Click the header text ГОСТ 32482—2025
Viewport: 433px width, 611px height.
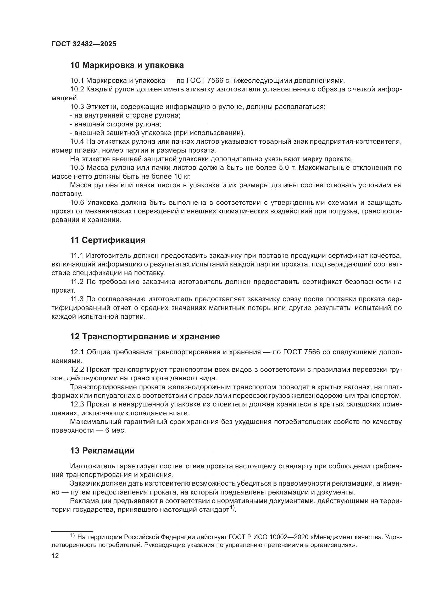click(x=84, y=44)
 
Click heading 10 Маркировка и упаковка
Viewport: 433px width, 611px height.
click(x=127, y=65)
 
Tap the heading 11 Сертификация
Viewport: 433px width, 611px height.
click(x=108, y=240)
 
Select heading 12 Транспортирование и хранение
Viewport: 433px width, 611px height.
click(x=145, y=337)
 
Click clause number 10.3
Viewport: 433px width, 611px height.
click(x=77, y=107)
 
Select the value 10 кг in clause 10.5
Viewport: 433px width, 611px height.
click(x=182, y=176)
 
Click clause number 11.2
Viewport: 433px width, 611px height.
click(x=77, y=282)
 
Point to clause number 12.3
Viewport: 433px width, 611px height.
click(x=77, y=404)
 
